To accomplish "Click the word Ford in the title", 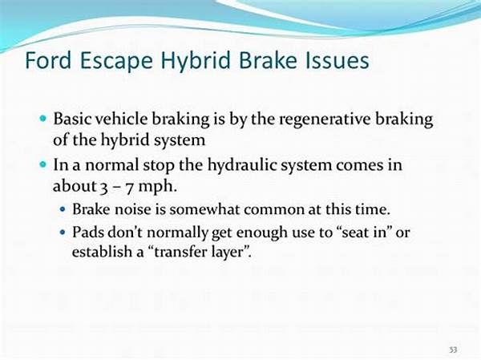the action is (x=48, y=60).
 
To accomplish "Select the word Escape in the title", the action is (x=116, y=62).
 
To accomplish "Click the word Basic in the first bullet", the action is (x=72, y=119).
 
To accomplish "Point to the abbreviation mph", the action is (x=157, y=187).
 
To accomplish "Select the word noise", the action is (x=133, y=209).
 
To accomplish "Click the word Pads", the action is (x=87, y=232).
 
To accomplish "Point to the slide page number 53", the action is (x=453, y=350).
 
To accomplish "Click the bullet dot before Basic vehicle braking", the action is (x=43, y=118).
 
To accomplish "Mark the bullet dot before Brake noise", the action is (x=63, y=210).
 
